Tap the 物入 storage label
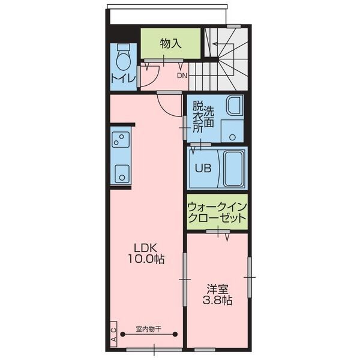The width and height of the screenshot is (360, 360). pyautogui.click(x=170, y=43)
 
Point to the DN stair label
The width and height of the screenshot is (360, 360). pyautogui.click(x=182, y=76)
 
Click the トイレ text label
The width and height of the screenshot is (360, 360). pyautogui.click(x=123, y=78)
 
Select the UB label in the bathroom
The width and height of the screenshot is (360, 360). pyautogui.click(x=203, y=168)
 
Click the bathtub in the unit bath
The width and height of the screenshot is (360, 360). pyautogui.click(x=233, y=169)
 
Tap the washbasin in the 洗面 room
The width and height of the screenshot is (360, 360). pyautogui.click(x=235, y=105)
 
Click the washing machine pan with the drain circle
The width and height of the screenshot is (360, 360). pyautogui.click(x=232, y=131)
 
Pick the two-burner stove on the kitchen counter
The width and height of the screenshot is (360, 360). pyautogui.click(x=121, y=139)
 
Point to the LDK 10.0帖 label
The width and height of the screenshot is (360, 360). pyautogui.click(x=146, y=253)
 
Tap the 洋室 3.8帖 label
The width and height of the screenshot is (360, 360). pyautogui.click(x=217, y=295)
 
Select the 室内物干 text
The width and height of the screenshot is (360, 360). pyautogui.click(x=149, y=329)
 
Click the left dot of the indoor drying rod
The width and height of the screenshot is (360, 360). pyautogui.click(x=123, y=334)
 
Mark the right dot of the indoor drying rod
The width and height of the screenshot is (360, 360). pyautogui.click(x=175, y=334)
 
